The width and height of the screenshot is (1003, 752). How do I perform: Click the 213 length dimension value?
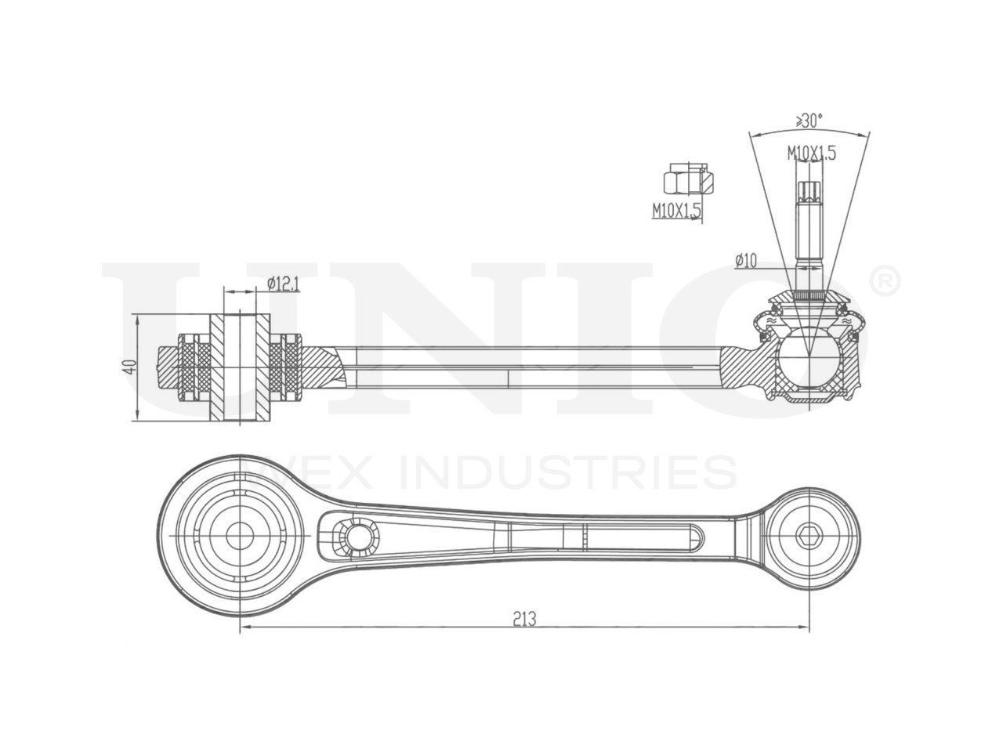[x=524, y=619]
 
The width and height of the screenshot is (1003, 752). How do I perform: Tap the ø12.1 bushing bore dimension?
[x=283, y=284]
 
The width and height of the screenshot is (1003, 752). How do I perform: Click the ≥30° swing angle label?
[x=809, y=121]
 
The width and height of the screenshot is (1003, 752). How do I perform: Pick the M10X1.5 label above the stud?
[x=812, y=153]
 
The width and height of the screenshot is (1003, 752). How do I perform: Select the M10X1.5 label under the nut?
[x=676, y=210]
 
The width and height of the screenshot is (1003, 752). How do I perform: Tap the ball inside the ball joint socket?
[x=809, y=356]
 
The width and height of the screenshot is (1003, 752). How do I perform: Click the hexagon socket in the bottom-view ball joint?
[x=809, y=537]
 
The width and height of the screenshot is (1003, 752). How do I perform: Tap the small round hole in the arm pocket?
[x=360, y=537]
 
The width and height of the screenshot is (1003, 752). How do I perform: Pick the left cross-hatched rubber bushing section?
[x=194, y=367]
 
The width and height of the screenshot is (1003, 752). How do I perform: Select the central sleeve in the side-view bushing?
[x=240, y=367]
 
